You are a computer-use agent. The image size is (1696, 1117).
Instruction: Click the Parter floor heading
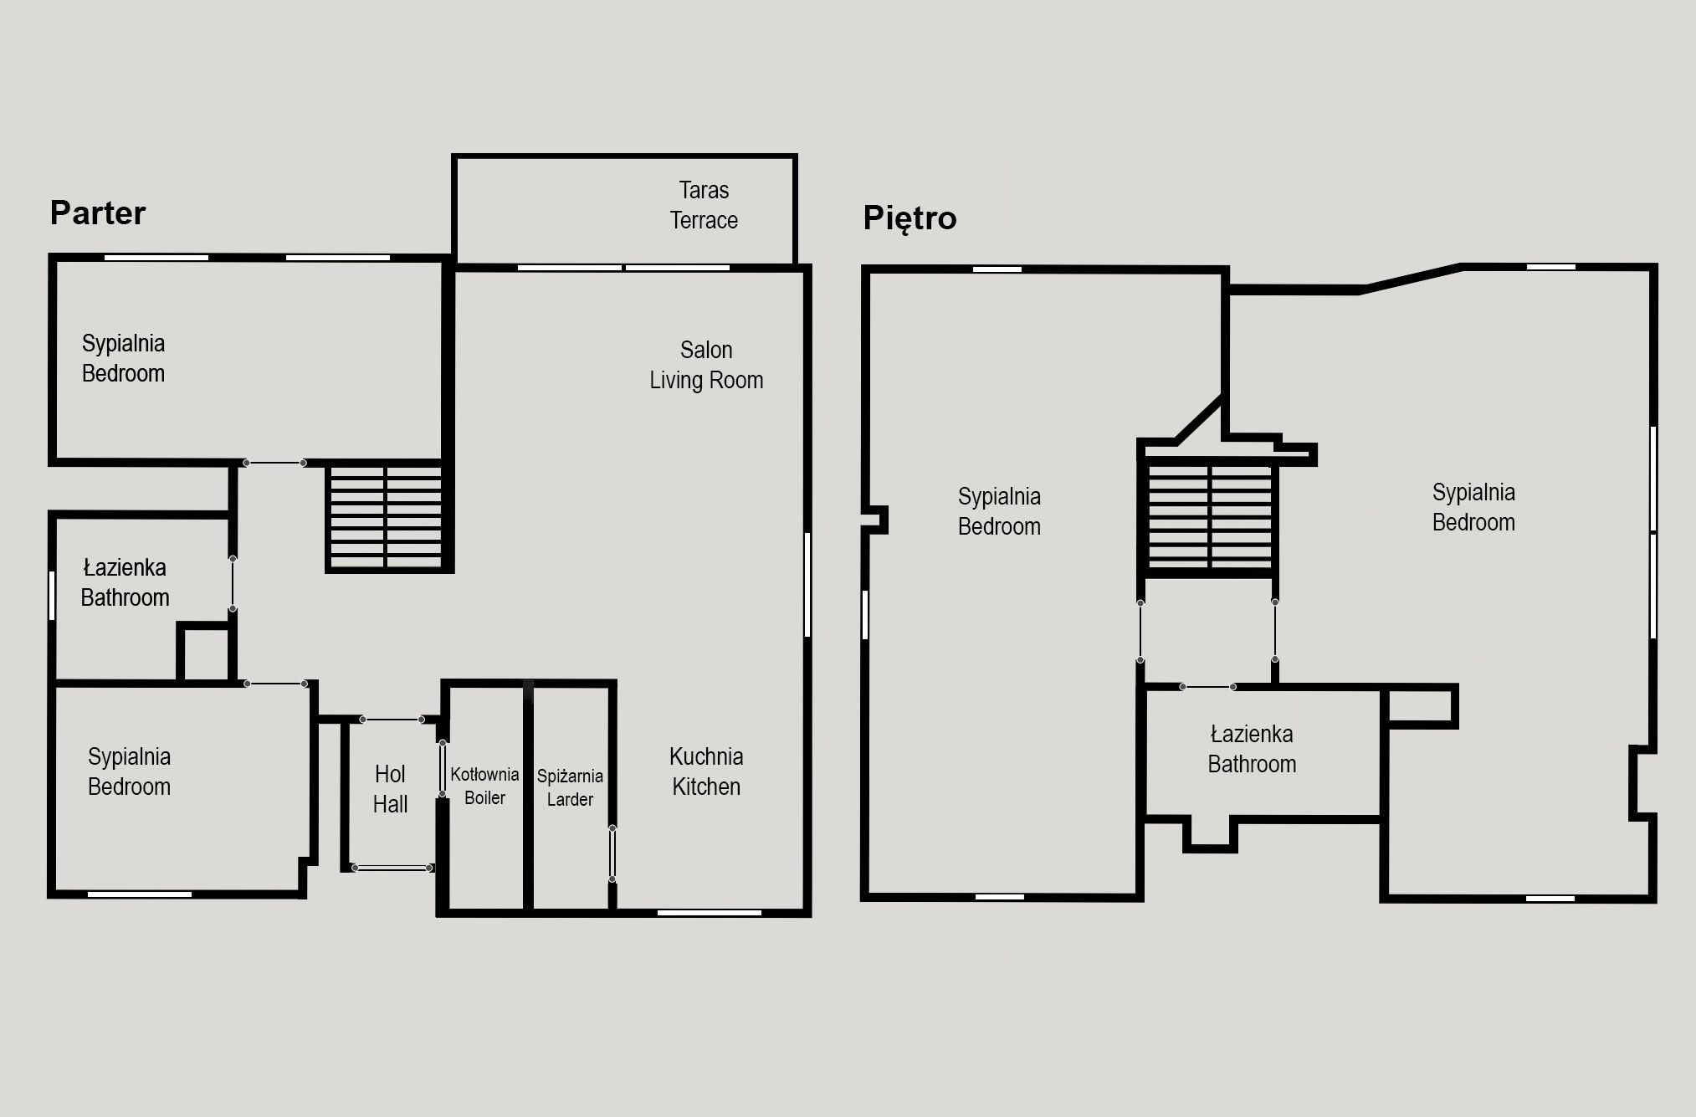tap(98, 213)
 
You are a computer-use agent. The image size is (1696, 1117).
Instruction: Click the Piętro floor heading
tap(909, 218)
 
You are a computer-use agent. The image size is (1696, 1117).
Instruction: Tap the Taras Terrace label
tap(704, 205)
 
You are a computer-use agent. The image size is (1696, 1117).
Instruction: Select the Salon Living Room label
tap(706, 365)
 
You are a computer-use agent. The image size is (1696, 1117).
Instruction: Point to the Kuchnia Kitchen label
tap(706, 771)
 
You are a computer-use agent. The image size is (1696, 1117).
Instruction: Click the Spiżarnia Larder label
tap(570, 787)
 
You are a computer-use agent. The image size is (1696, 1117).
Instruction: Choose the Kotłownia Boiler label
tap(484, 786)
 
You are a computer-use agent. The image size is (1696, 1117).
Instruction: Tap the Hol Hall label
tap(390, 789)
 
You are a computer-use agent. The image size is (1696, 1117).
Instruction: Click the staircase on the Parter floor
tap(386, 517)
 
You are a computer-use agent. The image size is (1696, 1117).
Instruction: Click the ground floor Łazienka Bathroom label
tap(125, 582)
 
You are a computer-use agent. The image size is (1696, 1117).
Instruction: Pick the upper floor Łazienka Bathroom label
tap(1252, 749)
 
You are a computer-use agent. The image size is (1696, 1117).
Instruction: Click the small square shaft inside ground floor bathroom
tap(205, 653)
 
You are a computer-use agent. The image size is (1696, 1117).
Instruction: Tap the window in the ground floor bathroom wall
tap(53, 595)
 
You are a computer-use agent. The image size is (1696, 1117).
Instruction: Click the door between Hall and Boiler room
tap(442, 768)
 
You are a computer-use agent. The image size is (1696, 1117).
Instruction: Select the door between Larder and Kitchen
tap(612, 853)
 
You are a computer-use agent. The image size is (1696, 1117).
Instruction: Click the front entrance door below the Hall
tap(392, 868)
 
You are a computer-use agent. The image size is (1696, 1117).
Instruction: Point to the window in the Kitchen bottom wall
tap(709, 912)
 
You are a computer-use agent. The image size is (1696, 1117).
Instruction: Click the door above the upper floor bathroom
tap(1207, 687)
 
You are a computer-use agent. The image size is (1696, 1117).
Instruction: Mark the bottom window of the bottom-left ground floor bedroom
tap(140, 894)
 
